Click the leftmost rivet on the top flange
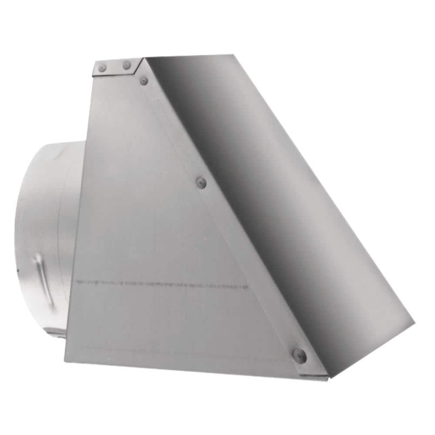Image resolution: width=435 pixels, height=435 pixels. tap(103, 67)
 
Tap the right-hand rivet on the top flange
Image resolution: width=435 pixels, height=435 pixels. tap(127, 66)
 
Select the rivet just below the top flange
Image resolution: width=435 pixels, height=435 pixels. tap(144, 80)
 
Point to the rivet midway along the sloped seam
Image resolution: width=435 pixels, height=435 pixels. tap(201, 182)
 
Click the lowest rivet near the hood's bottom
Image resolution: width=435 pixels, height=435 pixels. tap(299, 355)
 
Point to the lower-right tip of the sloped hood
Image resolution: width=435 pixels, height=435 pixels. tap(413, 323)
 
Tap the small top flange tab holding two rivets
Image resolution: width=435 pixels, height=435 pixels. tap(115, 67)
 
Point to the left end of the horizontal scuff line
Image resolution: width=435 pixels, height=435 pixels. tap(77, 281)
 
